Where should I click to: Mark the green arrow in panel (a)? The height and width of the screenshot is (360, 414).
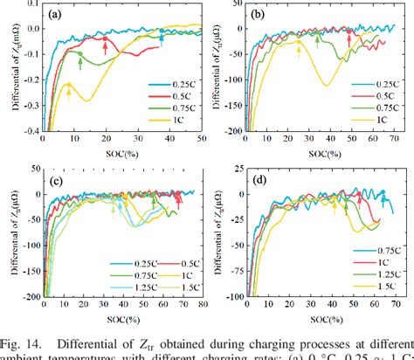click(x=80, y=61)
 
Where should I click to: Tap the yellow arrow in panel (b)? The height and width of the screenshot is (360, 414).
click(x=299, y=52)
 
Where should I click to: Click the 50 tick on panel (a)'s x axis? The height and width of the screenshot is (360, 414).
click(x=200, y=141)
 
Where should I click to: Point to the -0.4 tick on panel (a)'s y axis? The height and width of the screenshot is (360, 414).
click(x=28, y=132)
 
